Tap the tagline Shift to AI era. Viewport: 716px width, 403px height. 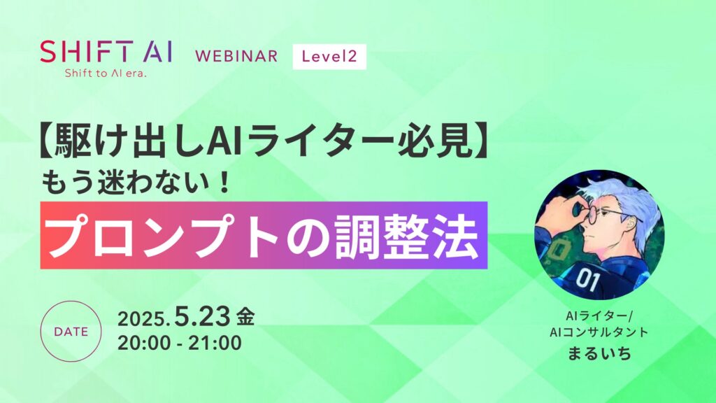coord(106,73)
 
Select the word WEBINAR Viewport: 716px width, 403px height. coord(236,56)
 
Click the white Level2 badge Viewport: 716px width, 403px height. coord(329,57)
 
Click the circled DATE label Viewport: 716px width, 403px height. coord(71,332)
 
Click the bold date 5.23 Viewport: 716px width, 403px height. coord(202,316)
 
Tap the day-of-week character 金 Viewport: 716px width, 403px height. coord(245,317)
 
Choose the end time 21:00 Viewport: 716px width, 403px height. coord(215,343)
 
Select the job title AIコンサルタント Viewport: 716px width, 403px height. coord(599,332)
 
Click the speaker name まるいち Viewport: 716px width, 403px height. coord(599,353)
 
